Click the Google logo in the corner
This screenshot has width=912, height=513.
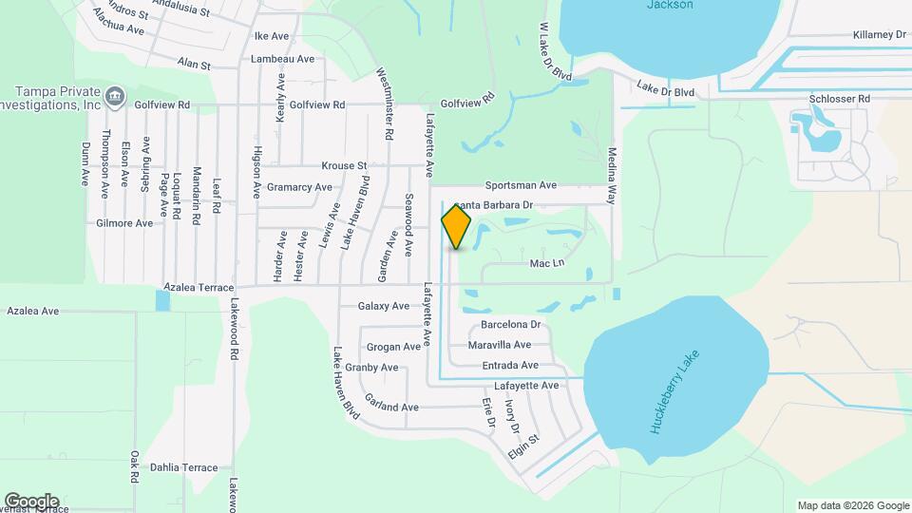coord(31,501)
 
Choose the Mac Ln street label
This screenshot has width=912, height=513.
coord(547,263)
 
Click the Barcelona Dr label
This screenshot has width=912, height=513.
coord(510,324)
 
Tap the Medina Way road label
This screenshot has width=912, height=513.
coord(612,176)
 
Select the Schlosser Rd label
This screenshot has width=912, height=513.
coord(839,99)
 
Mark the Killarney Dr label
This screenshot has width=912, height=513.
coord(881,34)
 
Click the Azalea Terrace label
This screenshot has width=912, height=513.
coord(199,286)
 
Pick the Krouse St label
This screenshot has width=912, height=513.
coord(344,165)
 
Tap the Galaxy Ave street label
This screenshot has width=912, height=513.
coord(383,306)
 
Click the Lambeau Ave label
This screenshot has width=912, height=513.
coord(282,59)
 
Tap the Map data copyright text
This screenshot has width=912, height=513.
coord(851,504)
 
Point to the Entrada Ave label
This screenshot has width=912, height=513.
coord(509,365)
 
